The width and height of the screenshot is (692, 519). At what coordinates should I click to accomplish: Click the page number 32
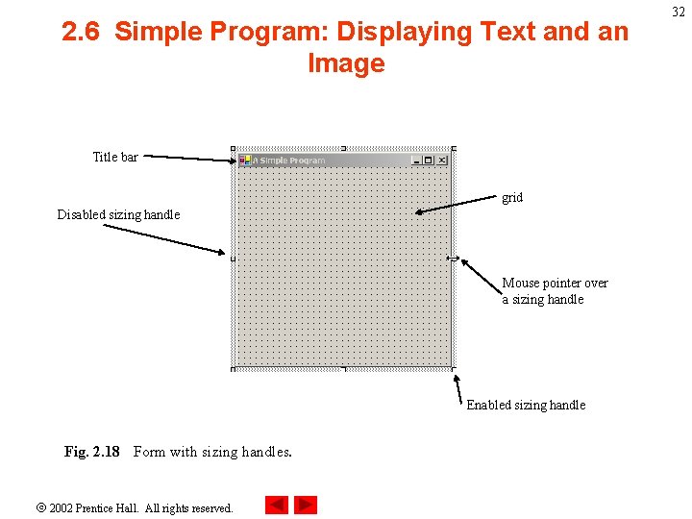click(x=679, y=12)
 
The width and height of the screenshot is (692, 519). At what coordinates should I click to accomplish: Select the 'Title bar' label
click(x=115, y=157)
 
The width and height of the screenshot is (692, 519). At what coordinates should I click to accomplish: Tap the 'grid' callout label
click(x=512, y=197)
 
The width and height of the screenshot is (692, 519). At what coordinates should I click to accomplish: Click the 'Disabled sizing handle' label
click(x=118, y=214)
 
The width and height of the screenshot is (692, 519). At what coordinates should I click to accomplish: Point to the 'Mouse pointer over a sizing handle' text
click(x=555, y=291)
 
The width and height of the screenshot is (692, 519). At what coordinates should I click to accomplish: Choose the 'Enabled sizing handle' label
click(x=526, y=405)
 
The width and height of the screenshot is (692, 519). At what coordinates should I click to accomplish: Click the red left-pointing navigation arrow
click(x=277, y=505)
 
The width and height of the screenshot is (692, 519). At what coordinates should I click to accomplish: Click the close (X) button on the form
click(x=442, y=161)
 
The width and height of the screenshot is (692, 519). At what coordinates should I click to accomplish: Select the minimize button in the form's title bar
click(x=416, y=161)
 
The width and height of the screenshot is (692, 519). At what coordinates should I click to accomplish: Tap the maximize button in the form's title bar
click(x=429, y=161)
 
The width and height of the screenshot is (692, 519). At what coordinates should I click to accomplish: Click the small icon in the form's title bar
click(x=245, y=161)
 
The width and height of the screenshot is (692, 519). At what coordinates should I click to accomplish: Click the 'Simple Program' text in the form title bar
click(x=292, y=161)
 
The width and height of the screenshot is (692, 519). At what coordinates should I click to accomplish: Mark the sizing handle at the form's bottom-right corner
click(x=453, y=368)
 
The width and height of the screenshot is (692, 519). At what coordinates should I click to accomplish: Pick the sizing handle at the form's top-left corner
click(x=234, y=149)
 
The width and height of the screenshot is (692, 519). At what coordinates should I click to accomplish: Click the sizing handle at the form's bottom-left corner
click(x=234, y=368)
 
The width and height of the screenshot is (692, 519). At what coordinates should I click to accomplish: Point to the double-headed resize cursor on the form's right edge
click(x=453, y=258)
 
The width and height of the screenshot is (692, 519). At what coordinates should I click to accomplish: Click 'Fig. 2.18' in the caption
click(x=92, y=452)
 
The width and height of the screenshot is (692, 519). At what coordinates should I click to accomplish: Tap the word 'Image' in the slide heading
click(x=346, y=63)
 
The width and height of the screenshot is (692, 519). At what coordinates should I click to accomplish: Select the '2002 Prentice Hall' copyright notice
click(x=140, y=507)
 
